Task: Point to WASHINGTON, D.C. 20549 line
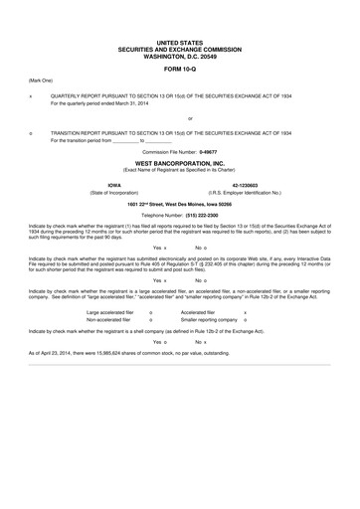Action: tap(179, 56)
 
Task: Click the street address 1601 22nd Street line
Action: tap(179, 203)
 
